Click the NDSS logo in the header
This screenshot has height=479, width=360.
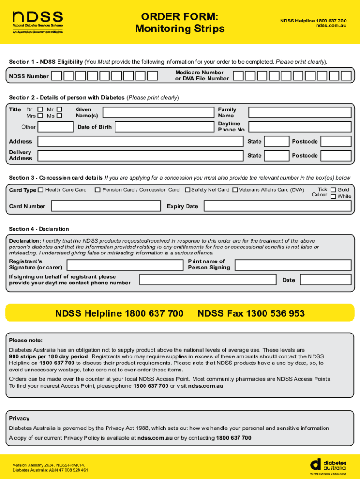click(x=37, y=22)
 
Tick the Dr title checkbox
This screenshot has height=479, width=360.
click(x=40, y=109)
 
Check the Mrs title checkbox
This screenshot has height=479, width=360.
click(x=40, y=116)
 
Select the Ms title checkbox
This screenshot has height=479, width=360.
click(x=59, y=116)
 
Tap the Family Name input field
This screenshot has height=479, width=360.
click(x=299, y=112)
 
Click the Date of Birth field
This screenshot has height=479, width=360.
click(x=164, y=127)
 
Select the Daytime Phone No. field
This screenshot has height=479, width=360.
click(x=299, y=127)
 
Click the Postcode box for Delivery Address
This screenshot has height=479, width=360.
click(x=336, y=155)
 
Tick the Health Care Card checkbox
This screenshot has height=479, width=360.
click(x=41, y=190)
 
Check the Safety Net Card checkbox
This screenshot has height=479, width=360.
click(x=187, y=190)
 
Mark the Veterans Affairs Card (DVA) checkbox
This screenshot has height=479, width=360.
click(x=235, y=190)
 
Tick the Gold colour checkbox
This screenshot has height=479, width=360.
click(x=333, y=190)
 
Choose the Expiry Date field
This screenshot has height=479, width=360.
click(x=277, y=206)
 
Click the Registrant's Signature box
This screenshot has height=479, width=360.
click(x=124, y=265)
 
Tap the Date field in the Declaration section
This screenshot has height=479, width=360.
click(x=325, y=280)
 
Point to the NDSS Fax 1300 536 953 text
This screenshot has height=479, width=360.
click(x=251, y=313)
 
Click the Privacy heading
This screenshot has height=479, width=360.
click(x=19, y=418)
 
